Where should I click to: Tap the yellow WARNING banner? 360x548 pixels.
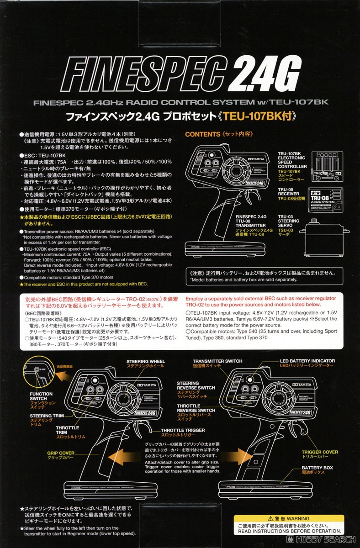(x=286, y=519)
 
